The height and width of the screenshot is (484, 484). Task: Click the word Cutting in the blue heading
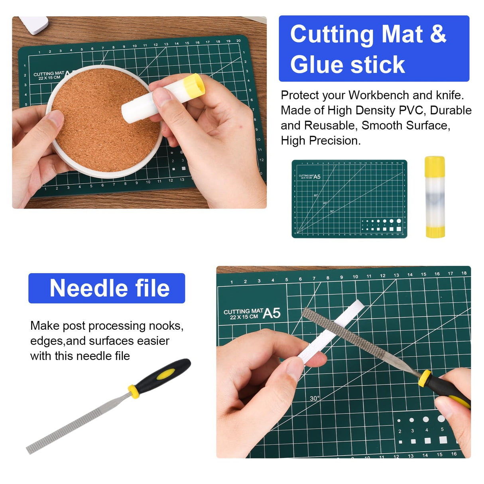(332, 34)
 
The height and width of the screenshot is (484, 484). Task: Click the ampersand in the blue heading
(438, 34)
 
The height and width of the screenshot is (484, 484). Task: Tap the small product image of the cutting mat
(349, 199)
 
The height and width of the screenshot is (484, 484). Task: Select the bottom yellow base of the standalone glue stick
(435, 231)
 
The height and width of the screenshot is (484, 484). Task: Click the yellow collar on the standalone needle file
(134, 391)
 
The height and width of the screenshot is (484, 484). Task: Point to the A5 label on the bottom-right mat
(272, 313)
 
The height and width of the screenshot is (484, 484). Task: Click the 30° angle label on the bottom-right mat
(315, 398)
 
